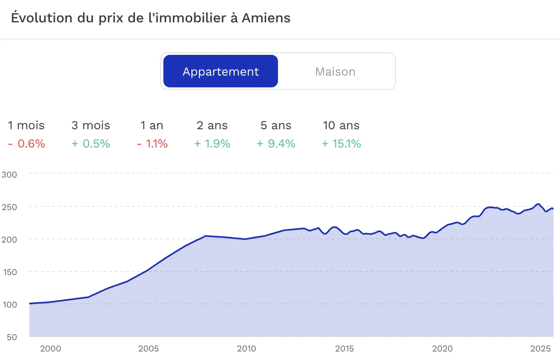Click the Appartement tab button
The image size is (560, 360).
pos(221,72)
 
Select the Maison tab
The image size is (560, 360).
pos(335,72)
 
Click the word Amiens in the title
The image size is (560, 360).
pos(266,18)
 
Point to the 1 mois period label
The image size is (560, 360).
pos(26,126)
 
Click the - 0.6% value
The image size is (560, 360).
pos(26,144)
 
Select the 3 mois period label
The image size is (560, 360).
pos(91,126)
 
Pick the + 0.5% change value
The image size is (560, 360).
pos(91,144)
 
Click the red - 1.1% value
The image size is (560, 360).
pos(152,144)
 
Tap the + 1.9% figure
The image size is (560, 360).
pos(212,144)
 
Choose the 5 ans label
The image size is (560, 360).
pos(276,126)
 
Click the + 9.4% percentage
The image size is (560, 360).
pos(276,144)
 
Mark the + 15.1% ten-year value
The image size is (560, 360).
pos(341,144)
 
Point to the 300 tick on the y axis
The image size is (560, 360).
pos(9,175)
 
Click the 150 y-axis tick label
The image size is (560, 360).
pos(10,272)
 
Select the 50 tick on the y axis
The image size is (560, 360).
pos(12,337)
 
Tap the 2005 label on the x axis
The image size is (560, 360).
pos(148,349)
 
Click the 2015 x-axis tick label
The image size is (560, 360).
pos(344,349)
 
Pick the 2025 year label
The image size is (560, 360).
pos(540,349)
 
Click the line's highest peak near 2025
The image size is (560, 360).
pos(538,204)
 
